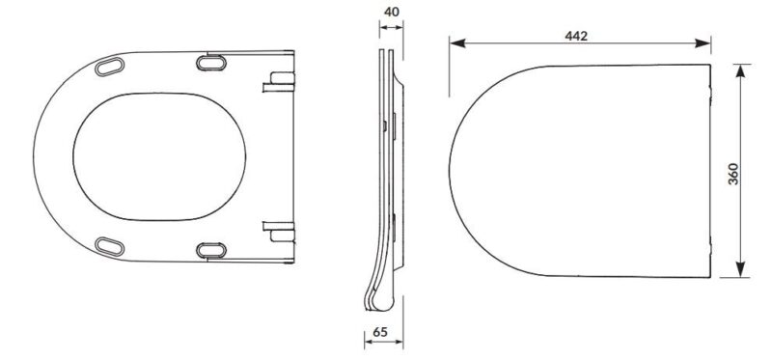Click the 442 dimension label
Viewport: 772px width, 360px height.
[576, 36]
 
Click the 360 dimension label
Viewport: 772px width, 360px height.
[733, 174]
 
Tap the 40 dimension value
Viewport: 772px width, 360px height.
[392, 12]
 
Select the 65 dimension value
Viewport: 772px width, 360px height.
[379, 332]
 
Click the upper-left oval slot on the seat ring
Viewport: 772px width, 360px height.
[109, 67]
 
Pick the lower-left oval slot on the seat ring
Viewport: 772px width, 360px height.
[109, 246]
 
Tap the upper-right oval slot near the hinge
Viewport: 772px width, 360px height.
[211, 63]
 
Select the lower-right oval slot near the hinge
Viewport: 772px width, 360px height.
[211, 250]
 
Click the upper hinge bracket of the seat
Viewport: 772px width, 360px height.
[279, 82]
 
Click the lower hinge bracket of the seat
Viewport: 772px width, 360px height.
[279, 232]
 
